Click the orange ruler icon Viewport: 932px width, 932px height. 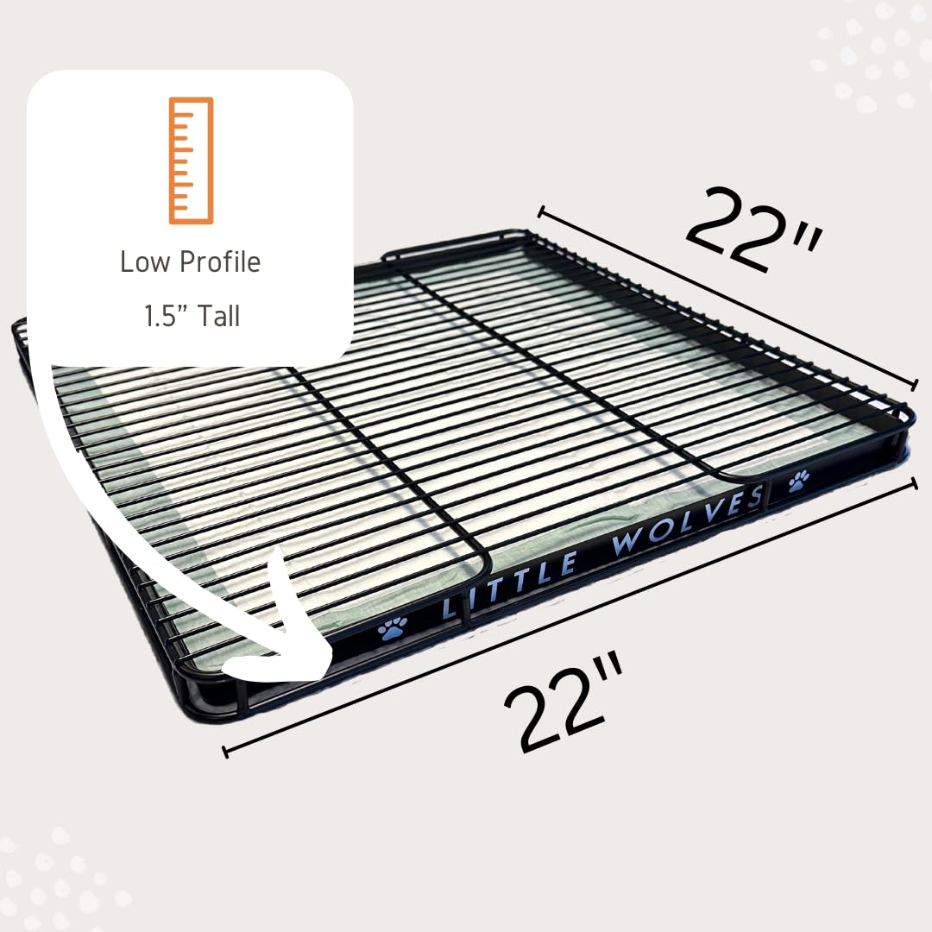pos(191,161)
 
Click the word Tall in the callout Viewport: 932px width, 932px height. pos(217,317)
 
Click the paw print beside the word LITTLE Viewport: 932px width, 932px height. pos(392,630)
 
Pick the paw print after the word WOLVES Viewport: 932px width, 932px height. pos(798,480)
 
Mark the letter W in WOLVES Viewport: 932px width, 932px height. pos(627,543)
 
